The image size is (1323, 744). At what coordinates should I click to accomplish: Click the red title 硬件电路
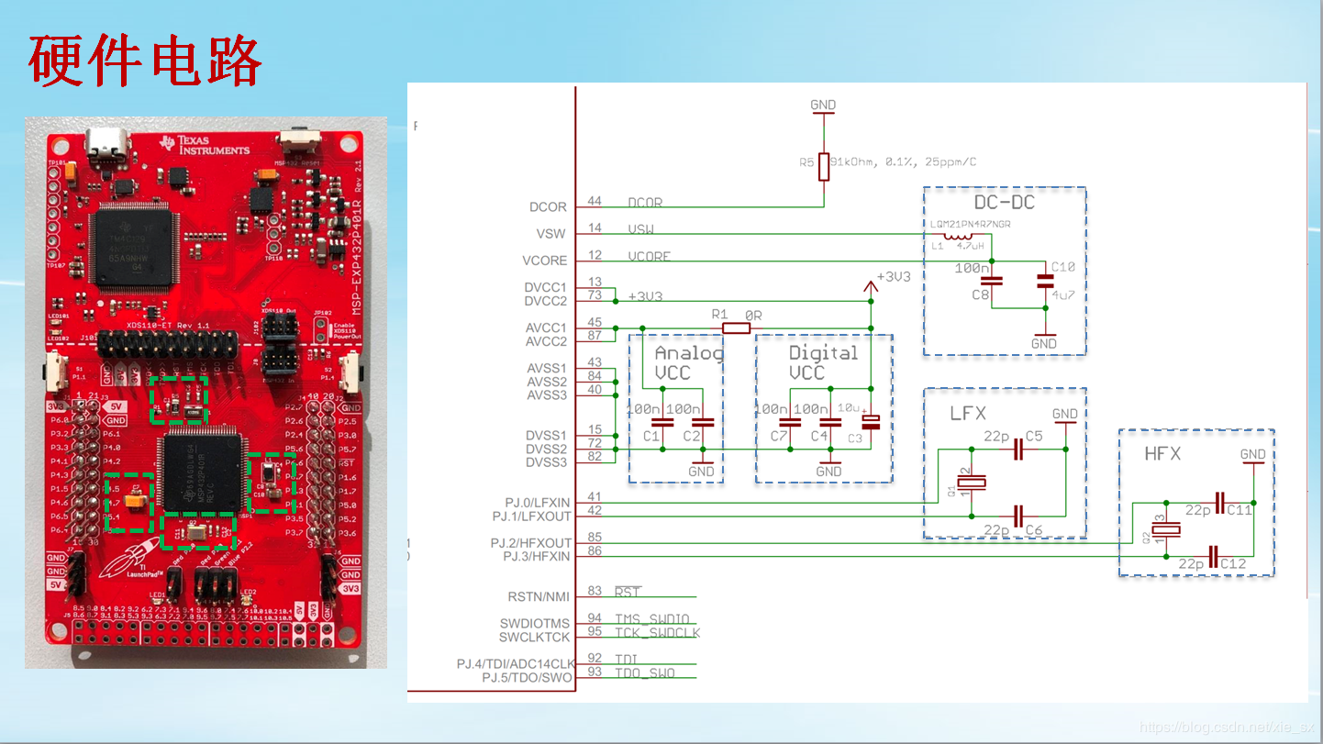tap(145, 61)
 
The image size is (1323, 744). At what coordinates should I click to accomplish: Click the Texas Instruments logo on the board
tap(204, 144)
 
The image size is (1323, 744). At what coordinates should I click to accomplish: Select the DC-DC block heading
tap(1004, 203)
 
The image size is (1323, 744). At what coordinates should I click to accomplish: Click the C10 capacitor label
tap(1062, 267)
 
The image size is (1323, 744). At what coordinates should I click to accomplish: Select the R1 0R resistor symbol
tap(736, 328)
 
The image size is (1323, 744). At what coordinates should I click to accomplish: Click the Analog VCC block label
tap(687, 362)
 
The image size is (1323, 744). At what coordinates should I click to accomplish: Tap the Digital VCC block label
tap(823, 362)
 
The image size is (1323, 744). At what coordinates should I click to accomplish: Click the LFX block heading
tap(967, 414)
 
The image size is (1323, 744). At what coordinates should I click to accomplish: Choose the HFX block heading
tap(1162, 454)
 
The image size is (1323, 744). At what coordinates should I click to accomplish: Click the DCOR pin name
tap(548, 207)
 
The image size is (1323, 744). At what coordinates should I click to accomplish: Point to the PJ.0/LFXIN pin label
tap(537, 503)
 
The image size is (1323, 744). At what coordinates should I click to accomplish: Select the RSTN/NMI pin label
tap(539, 597)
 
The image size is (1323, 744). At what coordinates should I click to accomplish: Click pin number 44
tap(595, 202)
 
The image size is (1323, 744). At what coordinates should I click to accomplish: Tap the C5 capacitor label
tap(1034, 437)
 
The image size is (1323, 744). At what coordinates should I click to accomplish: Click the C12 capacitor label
tap(1233, 563)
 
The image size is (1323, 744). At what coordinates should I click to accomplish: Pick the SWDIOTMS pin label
tap(535, 624)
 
